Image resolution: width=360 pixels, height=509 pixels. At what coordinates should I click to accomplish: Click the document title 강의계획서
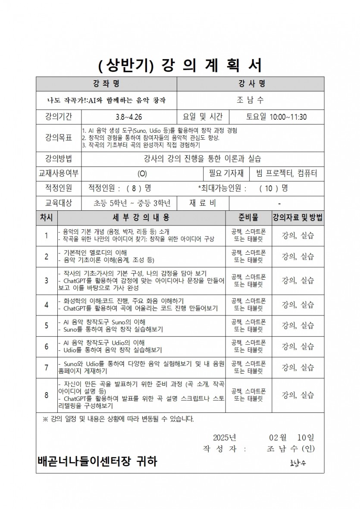(x=180, y=66)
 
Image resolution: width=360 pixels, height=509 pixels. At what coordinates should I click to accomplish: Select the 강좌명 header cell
(x=106, y=84)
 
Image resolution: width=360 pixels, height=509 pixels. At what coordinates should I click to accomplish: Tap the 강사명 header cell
(x=250, y=84)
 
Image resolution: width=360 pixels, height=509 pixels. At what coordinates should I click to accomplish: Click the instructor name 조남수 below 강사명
(x=250, y=100)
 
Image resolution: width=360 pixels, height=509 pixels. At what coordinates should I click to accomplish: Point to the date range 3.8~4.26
(x=128, y=116)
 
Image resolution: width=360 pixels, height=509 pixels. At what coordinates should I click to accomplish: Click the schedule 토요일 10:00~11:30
(x=276, y=116)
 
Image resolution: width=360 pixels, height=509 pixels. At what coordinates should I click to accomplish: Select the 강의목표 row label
(x=58, y=138)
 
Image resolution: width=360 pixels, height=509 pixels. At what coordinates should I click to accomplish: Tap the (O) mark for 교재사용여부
(x=142, y=174)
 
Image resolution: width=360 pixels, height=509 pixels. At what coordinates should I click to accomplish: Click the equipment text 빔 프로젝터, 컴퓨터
(x=286, y=174)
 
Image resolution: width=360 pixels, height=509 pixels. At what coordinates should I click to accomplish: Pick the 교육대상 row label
(x=58, y=203)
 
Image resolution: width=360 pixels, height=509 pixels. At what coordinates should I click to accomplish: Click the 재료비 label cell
(x=203, y=203)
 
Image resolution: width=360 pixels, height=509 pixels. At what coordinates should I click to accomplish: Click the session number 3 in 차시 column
(x=47, y=281)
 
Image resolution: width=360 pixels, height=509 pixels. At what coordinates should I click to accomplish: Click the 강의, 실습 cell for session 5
(x=297, y=325)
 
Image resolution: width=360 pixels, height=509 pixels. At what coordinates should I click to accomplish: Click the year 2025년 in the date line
(x=224, y=437)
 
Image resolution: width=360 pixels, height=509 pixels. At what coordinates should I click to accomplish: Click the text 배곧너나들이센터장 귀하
(x=97, y=462)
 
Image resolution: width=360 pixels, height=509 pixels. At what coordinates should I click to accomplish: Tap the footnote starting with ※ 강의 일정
(x=119, y=419)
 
